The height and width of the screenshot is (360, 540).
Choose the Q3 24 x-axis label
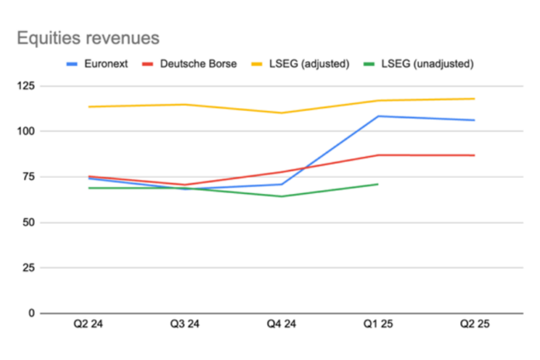click(184, 326)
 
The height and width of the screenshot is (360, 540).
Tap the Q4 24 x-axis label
click(281, 326)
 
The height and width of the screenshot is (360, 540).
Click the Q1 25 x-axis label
click(378, 326)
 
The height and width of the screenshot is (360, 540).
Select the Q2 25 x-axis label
click(474, 326)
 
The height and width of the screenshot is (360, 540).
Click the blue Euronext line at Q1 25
click(378, 116)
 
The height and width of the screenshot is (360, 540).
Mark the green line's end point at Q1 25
click(378, 184)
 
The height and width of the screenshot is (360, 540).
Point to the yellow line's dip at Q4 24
click(281, 113)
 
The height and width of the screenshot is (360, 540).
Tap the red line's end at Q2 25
click(474, 155)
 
